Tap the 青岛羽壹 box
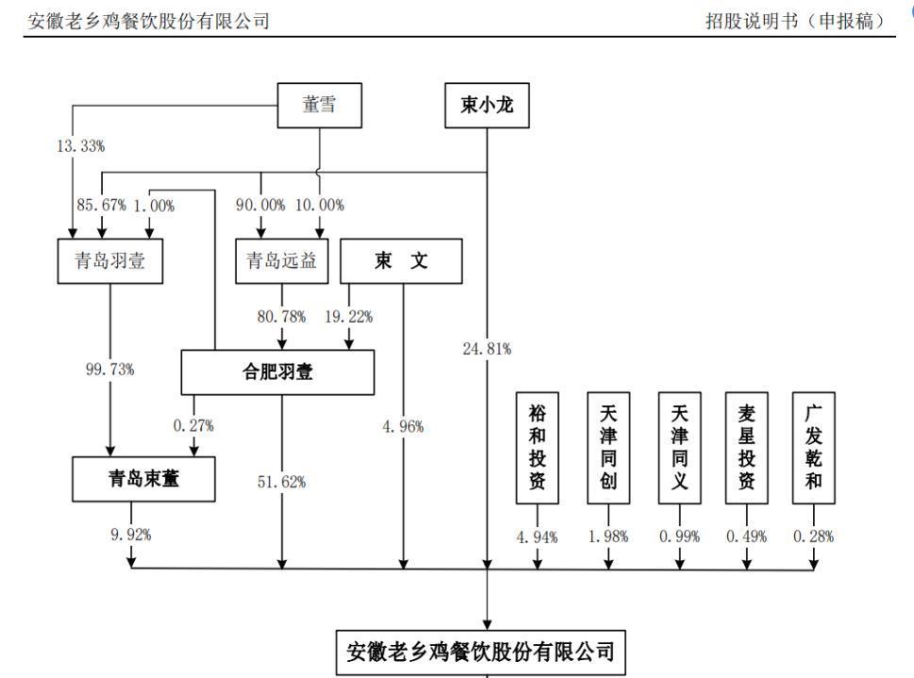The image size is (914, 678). click(x=110, y=261)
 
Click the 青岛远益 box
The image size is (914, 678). click(x=282, y=261)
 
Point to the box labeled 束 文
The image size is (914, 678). click(x=401, y=261)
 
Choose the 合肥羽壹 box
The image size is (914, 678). click(x=277, y=372)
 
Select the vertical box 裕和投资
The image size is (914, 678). click(x=538, y=445)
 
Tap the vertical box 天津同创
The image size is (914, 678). click(x=608, y=445)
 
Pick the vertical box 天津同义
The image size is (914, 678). click(x=679, y=445)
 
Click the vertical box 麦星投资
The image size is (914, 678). click(x=746, y=445)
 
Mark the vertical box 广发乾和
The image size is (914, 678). click(x=814, y=445)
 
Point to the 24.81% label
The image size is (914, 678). click(x=488, y=350)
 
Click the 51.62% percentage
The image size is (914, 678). click(x=283, y=482)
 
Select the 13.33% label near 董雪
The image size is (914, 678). click(x=79, y=148)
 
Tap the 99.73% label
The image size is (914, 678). click(x=110, y=369)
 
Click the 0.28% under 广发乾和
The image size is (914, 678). click(x=814, y=537)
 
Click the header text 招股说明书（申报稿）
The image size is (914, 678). click(x=801, y=20)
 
